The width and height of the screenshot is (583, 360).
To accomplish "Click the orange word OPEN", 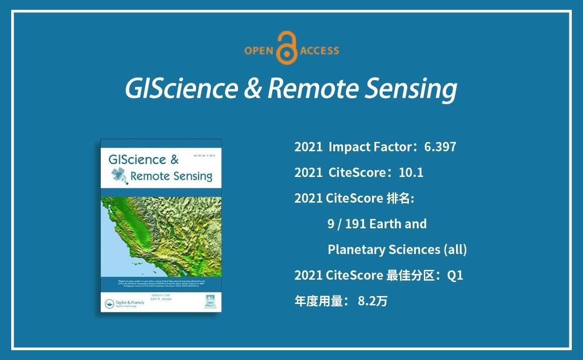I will tap(258, 50).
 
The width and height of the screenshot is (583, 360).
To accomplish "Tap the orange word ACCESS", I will tap(320, 50).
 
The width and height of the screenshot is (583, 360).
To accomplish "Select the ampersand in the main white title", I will tap(252, 89).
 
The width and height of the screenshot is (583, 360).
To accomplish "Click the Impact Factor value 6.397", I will tap(440, 147).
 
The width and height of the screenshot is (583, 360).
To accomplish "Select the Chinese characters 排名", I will tap(400, 198).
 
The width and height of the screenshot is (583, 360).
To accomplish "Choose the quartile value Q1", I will tap(455, 275).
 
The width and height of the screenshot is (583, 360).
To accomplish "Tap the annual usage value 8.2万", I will tap(372, 301).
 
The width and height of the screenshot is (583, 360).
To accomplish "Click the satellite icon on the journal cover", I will tap(119, 176).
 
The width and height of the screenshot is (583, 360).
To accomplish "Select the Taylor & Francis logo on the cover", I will tap(124, 303).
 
